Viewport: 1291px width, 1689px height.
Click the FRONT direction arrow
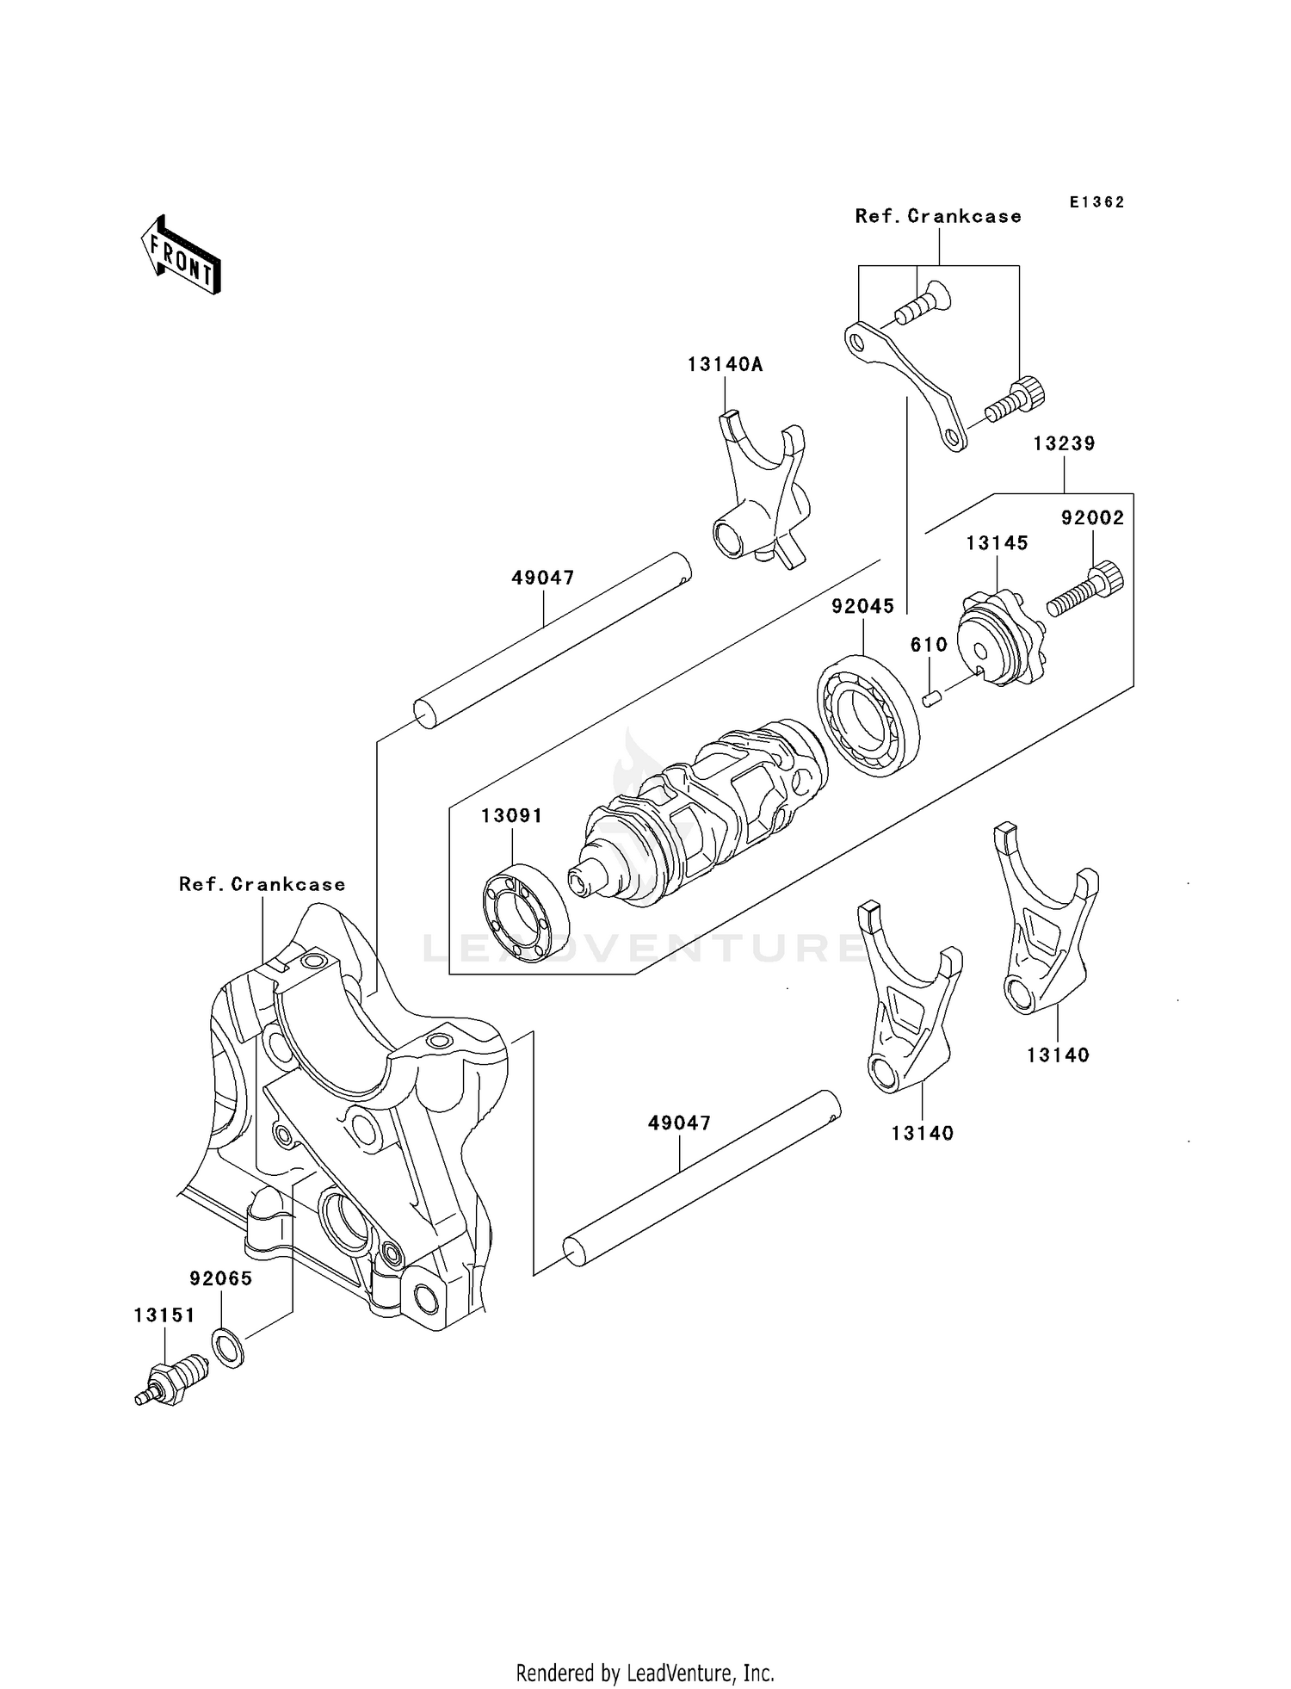(x=182, y=257)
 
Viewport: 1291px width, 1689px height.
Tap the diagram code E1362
(x=1096, y=202)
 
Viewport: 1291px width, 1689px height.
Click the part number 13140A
(x=725, y=364)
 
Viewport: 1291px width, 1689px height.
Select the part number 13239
(x=1064, y=443)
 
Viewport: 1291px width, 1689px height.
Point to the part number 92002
(x=1092, y=517)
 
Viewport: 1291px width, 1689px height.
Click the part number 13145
(x=997, y=543)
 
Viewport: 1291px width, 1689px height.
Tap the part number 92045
(x=862, y=606)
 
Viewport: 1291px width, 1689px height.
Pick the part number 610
(x=929, y=645)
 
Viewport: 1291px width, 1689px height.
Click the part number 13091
(x=511, y=815)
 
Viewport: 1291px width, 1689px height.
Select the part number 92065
(x=221, y=1278)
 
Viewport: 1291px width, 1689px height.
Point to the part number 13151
(x=164, y=1315)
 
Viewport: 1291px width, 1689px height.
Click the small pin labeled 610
(x=930, y=699)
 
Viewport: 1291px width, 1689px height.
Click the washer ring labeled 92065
(x=228, y=1347)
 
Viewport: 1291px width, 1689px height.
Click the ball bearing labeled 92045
(x=867, y=715)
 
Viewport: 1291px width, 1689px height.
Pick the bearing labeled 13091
(x=524, y=913)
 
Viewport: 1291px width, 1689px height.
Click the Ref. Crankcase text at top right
(x=938, y=216)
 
